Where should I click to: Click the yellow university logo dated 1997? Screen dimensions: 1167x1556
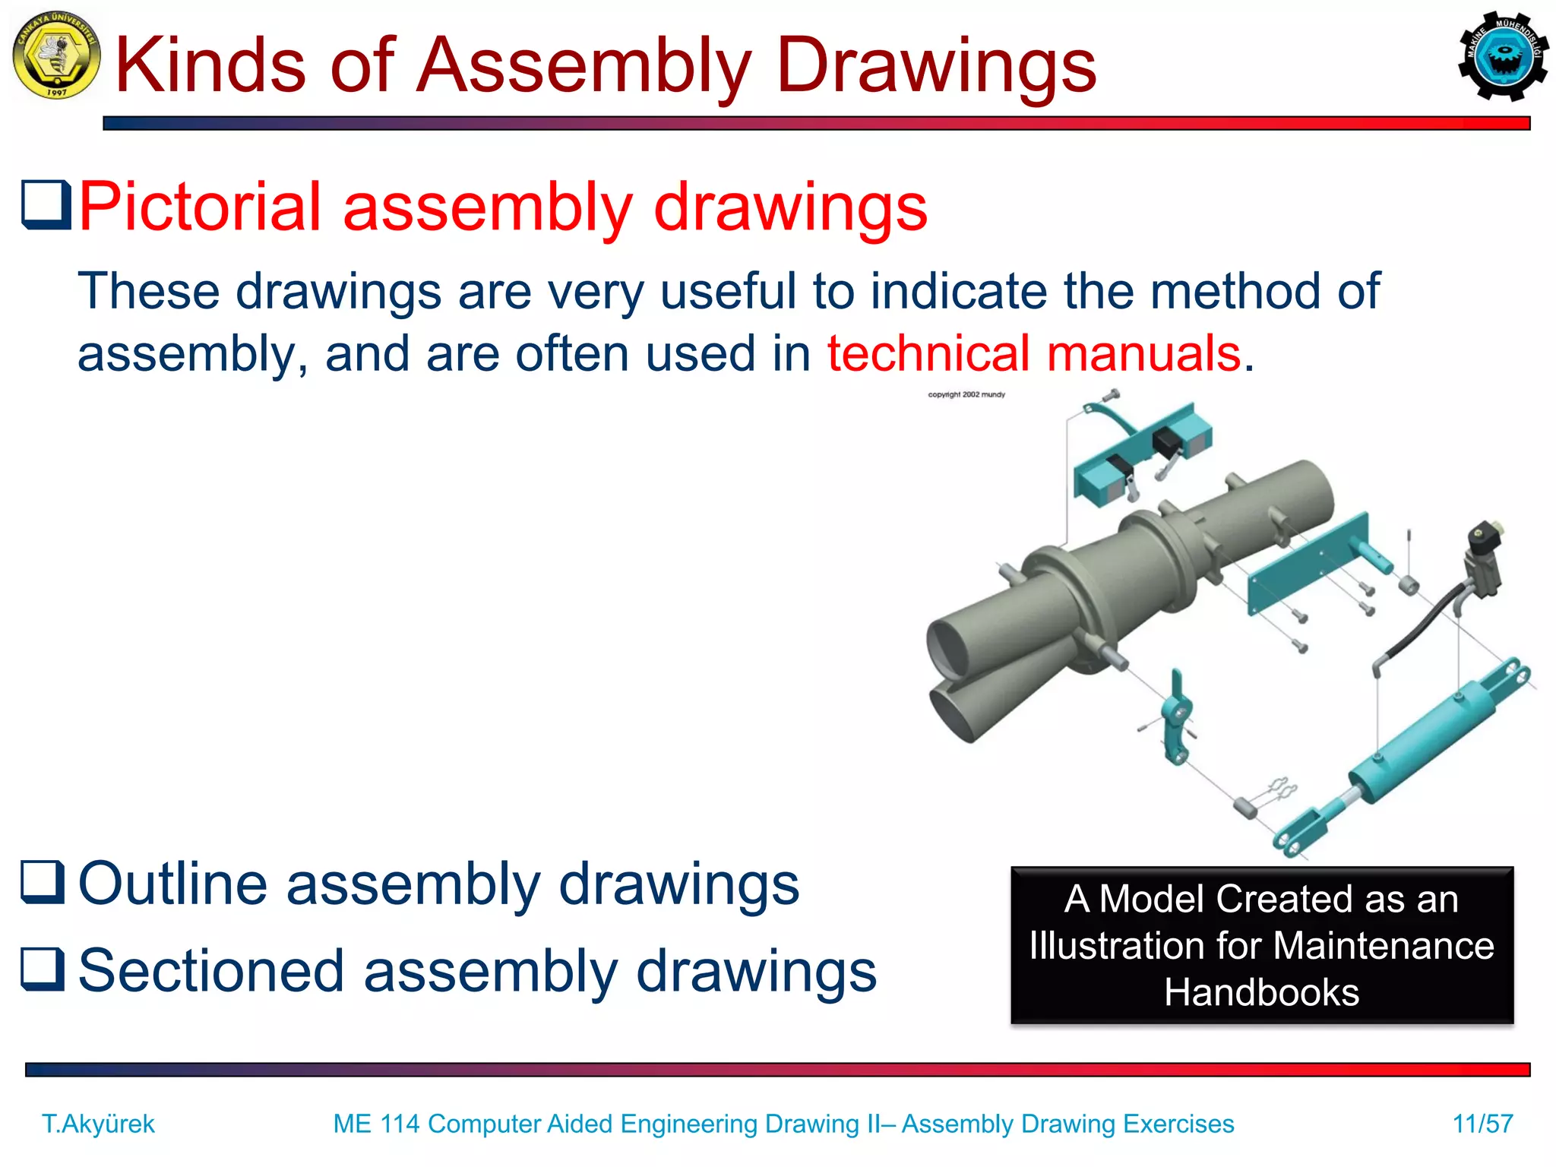[x=56, y=55]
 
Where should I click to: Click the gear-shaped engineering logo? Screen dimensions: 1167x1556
[x=1503, y=55]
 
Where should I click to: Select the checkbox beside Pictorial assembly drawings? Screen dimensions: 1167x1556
[x=46, y=205]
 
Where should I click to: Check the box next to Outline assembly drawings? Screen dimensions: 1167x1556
[x=43, y=882]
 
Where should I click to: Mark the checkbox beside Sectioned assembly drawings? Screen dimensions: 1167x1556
[x=43, y=970]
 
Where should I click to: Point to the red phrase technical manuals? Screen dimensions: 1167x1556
[x=1034, y=353]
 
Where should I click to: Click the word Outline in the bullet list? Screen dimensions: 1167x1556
[x=173, y=884]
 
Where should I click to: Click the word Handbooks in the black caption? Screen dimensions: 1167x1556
[x=1261, y=992]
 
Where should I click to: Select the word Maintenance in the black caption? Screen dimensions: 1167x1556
[x=1383, y=946]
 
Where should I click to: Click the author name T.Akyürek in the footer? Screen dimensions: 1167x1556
[x=98, y=1124]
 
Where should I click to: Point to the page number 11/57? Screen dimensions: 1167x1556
[x=1482, y=1124]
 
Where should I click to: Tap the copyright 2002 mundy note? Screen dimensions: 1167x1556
[x=966, y=394]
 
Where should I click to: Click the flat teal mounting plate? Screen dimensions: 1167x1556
[x=1307, y=562]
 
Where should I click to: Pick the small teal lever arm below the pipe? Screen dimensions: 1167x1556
[x=1177, y=718]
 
